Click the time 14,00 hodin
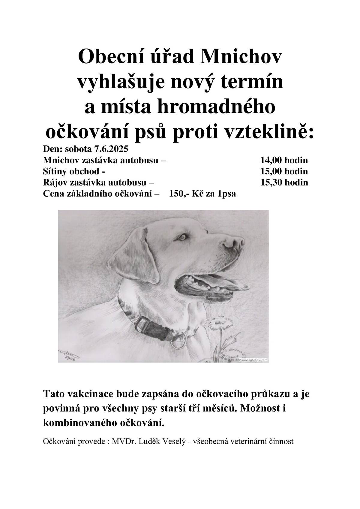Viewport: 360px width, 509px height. point(284,160)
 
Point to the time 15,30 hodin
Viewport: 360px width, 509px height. point(284,182)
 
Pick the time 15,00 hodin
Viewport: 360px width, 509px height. point(284,171)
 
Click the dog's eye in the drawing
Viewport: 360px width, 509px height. point(182,237)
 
